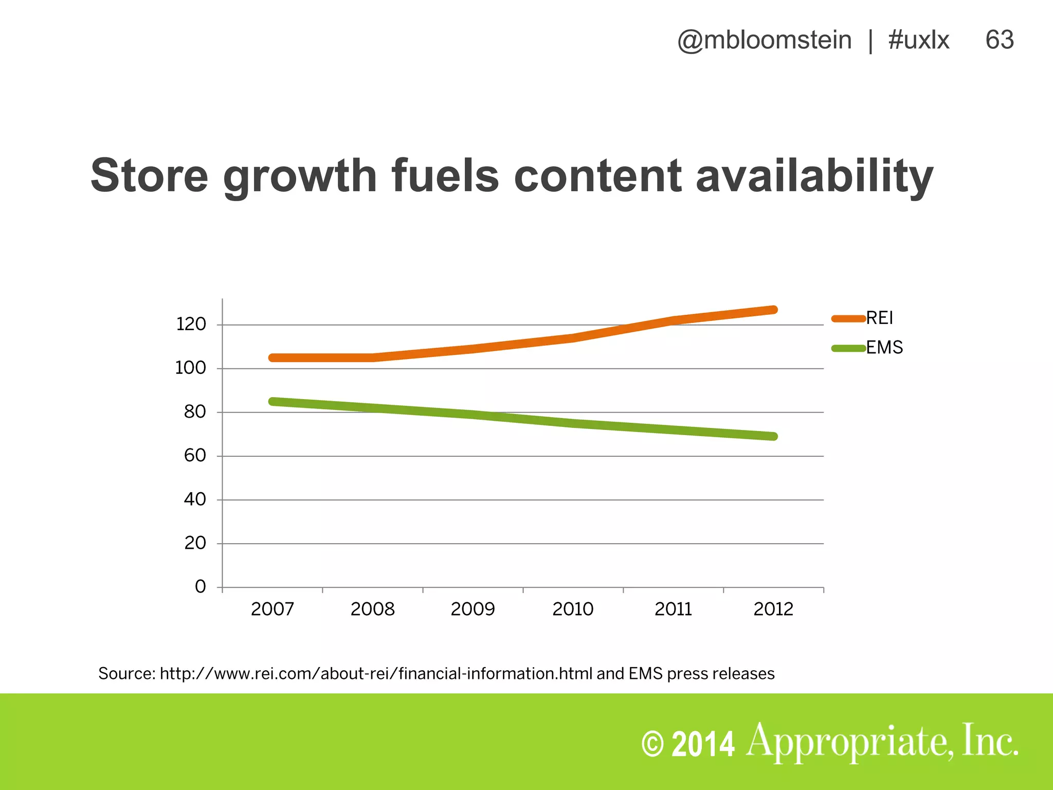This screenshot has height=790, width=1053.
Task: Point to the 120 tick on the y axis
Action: (x=191, y=325)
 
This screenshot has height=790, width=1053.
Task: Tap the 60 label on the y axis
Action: (x=195, y=456)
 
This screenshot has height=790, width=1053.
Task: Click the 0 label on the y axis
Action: (x=200, y=587)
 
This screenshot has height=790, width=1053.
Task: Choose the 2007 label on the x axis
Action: (x=272, y=609)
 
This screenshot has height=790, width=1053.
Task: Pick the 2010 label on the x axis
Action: (x=573, y=609)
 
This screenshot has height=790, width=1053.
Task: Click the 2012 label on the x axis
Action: (x=773, y=609)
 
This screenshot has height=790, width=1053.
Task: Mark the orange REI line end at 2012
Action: (x=773, y=310)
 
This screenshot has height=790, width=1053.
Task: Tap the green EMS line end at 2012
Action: (x=773, y=436)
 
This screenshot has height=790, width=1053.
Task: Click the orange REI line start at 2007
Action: (x=273, y=357)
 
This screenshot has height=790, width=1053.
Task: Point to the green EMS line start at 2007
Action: (x=273, y=401)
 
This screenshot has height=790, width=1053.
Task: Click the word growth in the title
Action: (x=300, y=176)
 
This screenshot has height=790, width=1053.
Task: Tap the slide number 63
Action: (x=999, y=40)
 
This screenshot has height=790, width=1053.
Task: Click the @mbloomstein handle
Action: (x=764, y=40)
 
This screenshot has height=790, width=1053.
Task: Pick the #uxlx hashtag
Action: (x=918, y=40)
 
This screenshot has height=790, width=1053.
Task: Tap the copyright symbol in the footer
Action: (x=653, y=745)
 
